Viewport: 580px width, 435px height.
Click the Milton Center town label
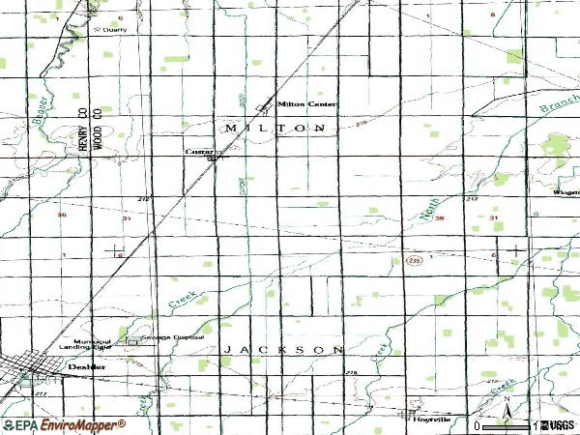(302, 103)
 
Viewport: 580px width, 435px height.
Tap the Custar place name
(199, 152)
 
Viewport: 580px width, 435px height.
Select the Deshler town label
(84, 368)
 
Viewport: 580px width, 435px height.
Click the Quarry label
(115, 29)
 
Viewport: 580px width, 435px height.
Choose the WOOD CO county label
(98, 129)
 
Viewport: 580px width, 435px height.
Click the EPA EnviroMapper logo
(64, 424)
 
